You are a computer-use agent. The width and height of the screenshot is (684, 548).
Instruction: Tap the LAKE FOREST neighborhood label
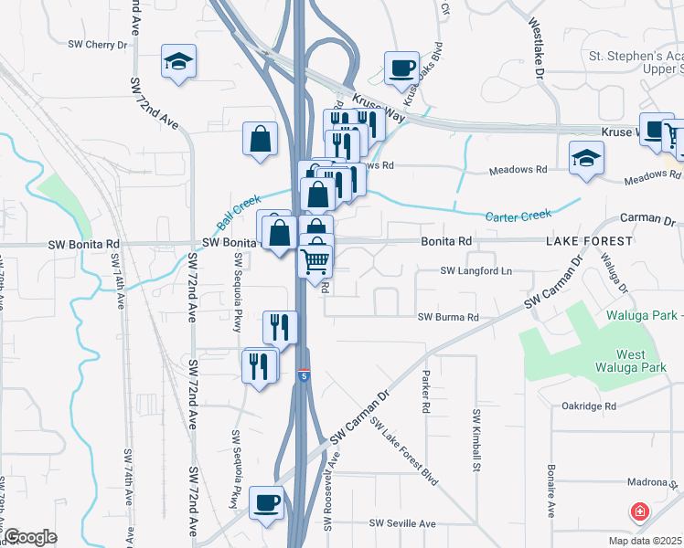pos(589,241)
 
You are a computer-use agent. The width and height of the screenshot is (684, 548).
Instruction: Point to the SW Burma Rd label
pos(448,318)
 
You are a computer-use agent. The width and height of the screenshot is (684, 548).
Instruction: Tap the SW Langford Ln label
pos(476,271)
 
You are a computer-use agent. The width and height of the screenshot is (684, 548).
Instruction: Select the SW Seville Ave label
pos(402,523)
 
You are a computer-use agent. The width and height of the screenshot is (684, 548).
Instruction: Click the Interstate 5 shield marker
pos(304,375)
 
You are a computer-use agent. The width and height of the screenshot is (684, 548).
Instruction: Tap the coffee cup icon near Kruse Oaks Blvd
pos(401,68)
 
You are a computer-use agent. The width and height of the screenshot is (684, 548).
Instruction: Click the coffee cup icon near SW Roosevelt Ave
pos(266,503)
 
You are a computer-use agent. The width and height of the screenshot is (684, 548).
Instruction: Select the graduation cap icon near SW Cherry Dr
pos(178,62)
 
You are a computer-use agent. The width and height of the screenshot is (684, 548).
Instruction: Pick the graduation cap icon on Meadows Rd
pos(586,159)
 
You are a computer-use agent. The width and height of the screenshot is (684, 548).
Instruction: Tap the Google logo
pos(30,537)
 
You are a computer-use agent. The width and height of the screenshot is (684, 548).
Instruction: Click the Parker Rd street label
pos(426,393)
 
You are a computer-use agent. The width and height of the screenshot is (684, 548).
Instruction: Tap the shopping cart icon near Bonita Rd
pos(315,260)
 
